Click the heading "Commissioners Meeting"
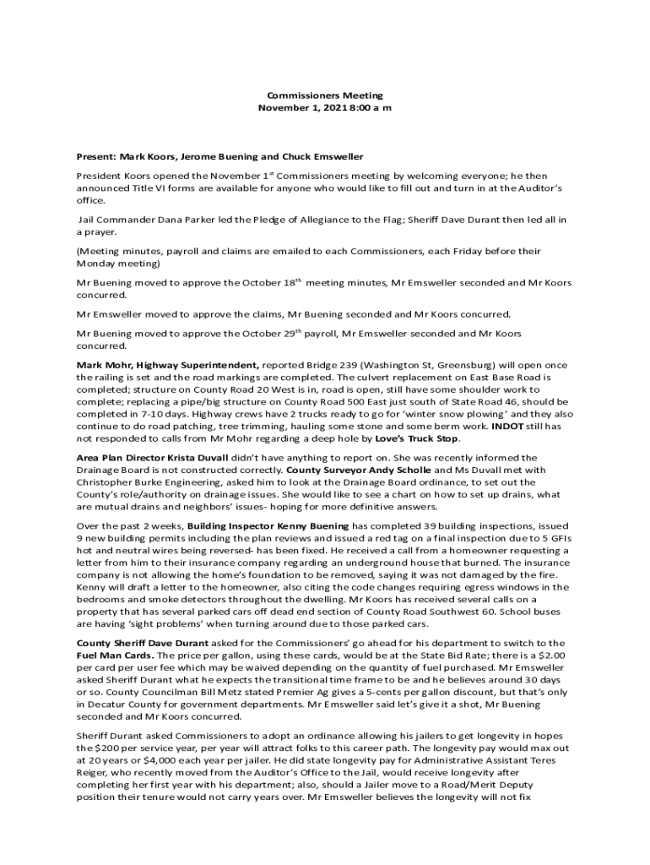(325, 96)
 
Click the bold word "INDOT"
(508, 427)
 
